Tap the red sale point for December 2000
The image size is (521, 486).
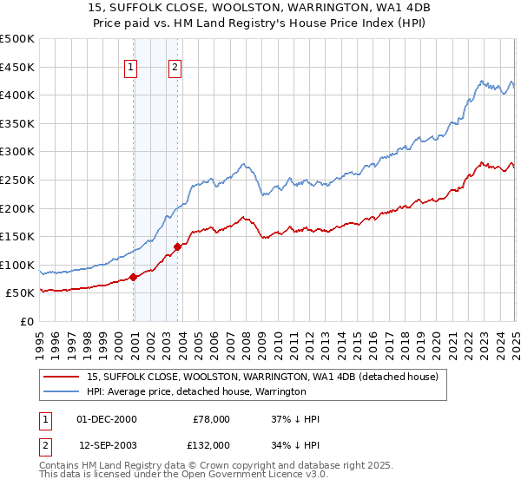point(134,277)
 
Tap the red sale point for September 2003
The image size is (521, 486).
point(177,246)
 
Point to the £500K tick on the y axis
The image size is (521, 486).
point(18,39)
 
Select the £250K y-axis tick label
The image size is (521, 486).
point(18,180)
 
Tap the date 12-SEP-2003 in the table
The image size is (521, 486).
point(106,444)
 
